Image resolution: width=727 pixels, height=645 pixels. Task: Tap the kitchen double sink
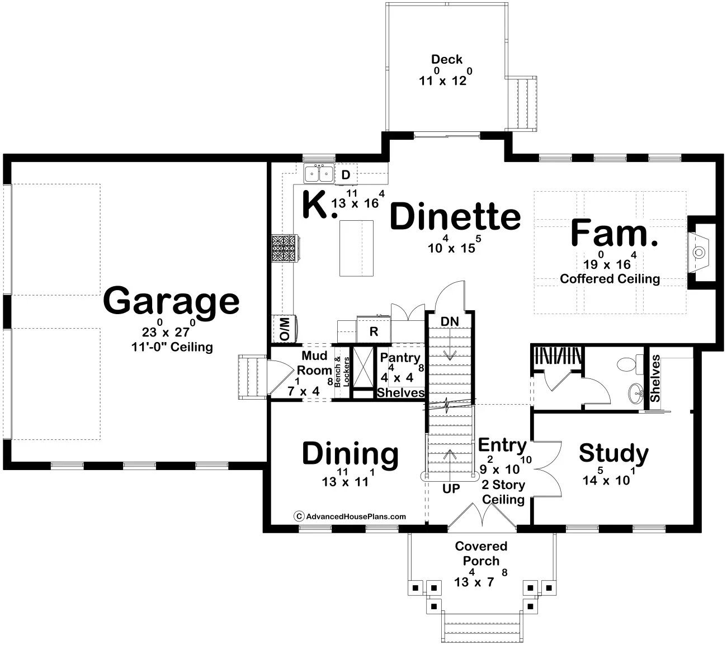[x=319, y=174]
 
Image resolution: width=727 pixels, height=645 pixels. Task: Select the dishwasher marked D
[x=346, y=174]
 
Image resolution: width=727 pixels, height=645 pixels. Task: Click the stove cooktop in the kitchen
[x=285, y=248]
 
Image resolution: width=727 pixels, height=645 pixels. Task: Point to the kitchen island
[x=356, y=248]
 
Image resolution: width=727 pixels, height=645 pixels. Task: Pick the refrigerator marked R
[x=374, y=330]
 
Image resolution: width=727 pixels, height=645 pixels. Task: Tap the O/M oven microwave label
[x=284, y=329]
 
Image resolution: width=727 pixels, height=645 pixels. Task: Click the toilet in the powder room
[x=631, y=364]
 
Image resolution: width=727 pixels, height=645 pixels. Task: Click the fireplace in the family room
[x=698, y=253]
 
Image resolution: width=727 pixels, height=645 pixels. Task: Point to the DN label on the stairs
[x=450, y=321]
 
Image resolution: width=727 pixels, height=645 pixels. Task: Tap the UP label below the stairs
[x=451, y=489]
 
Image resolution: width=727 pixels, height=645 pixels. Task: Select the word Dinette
[x=455, y=217]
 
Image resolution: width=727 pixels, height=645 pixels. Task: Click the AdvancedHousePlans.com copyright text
[x=350, y=516]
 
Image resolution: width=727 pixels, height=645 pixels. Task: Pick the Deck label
[x=446, y=59]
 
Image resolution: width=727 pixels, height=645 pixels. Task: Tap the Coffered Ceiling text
[x=610, y=279]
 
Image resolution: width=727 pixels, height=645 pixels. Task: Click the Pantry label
[x=400, y=358]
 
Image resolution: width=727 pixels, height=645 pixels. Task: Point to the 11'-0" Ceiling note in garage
[x=172, y=347]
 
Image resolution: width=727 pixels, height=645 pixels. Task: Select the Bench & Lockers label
[x=342, y=372]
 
